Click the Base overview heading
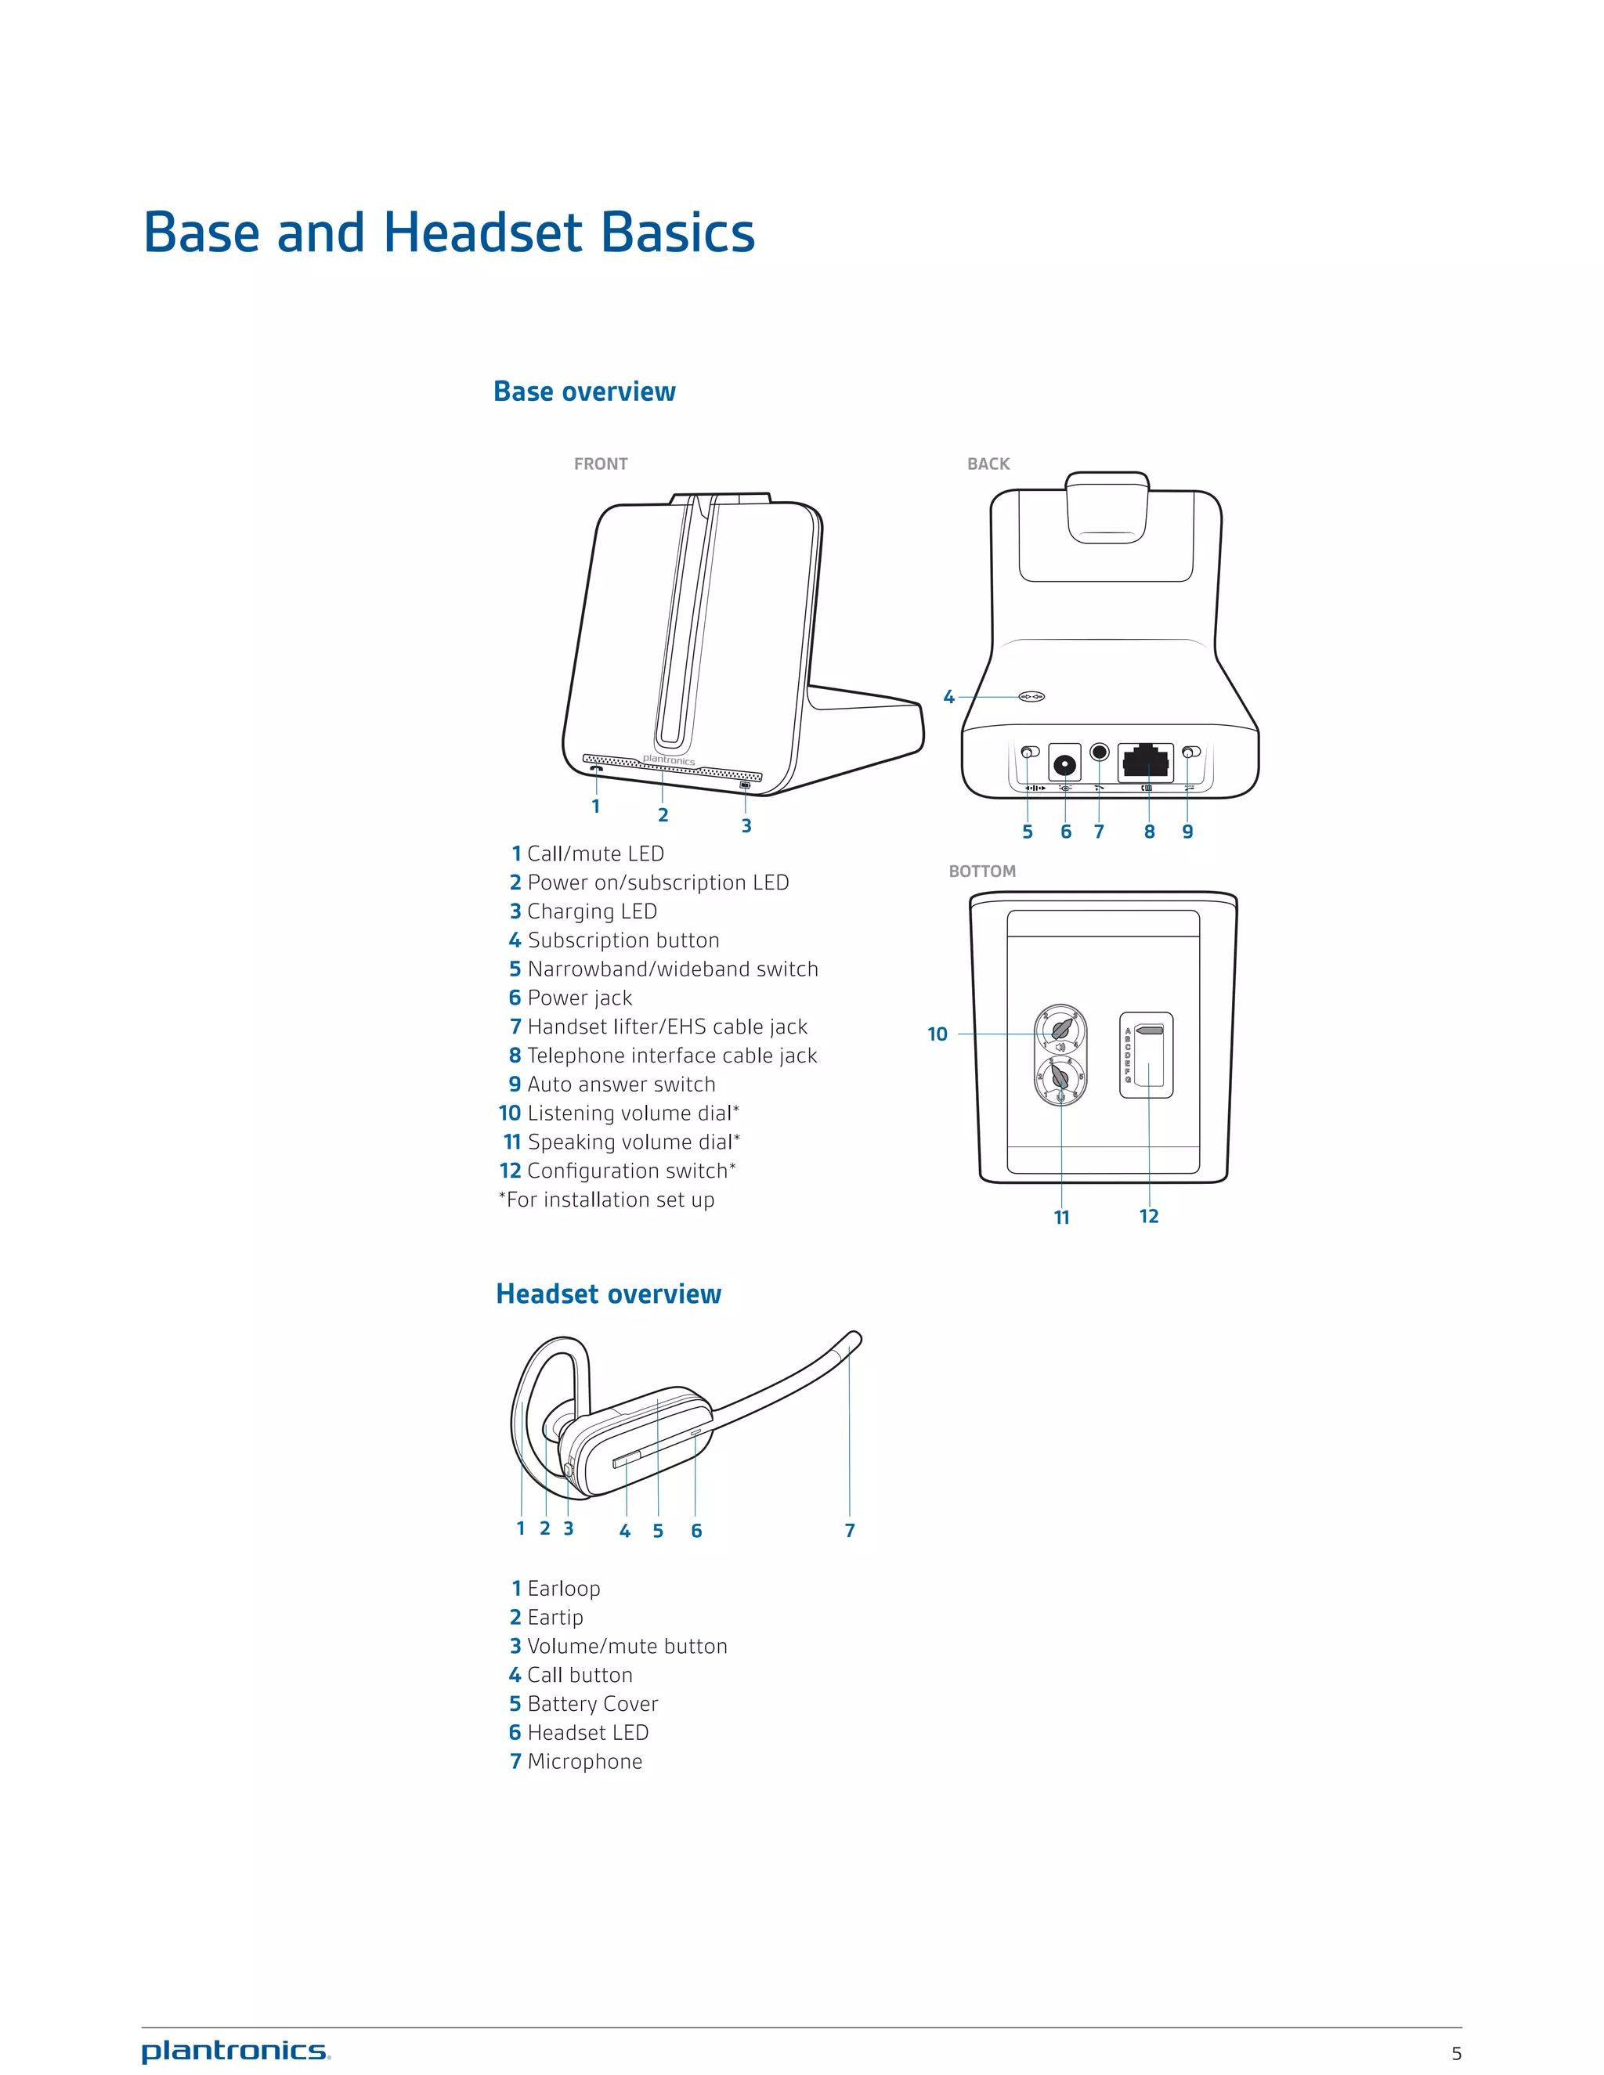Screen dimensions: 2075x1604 [584, 392]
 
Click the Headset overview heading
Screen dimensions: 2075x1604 [608, 1294]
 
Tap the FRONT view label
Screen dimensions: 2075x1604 [601, 464]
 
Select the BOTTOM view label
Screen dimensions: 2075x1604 [981, 871]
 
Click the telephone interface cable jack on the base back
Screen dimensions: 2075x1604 [1146, 760]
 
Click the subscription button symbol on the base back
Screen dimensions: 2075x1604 [1032, 696]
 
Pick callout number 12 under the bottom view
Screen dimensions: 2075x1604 [1149, 1216]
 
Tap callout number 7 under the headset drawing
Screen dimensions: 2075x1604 [850, 1531]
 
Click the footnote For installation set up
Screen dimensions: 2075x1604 [608, 1200]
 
